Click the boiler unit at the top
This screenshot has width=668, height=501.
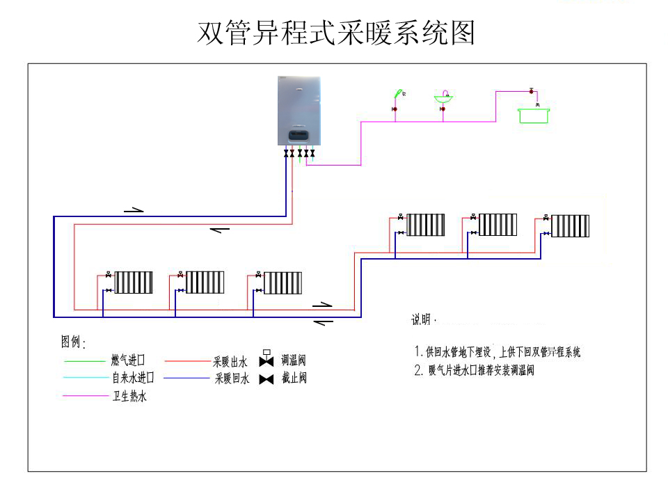pyautogui.click(x=299, y=111)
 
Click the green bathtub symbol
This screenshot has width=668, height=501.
pyautogui.click(x=534, y=115)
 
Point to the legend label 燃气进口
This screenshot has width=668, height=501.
pyautogui.click(x=127, y=360)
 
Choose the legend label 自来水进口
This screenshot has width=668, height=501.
pyautogui.click(x=132, y=379)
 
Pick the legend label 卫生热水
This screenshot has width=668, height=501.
pyautogui.click(x=129, y=397)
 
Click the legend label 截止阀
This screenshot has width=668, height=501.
pyautogui.click(x=293, y=379)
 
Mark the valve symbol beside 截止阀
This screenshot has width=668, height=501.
pyautogui.click(x=266, y=379)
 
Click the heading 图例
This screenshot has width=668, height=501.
pyautogui.click(x=72, y=342)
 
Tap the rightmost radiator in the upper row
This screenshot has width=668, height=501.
pyautogui.click(x=570, y=225)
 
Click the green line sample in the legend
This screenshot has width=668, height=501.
pyautogui.click(x=83, y=361)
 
